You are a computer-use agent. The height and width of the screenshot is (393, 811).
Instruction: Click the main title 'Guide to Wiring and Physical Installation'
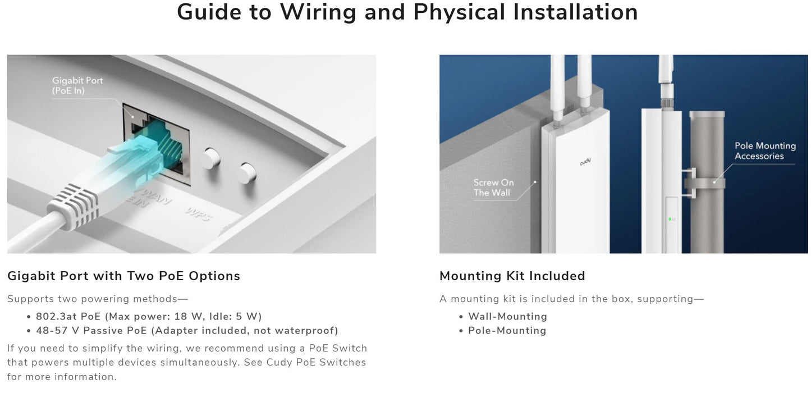[x=407, y=12]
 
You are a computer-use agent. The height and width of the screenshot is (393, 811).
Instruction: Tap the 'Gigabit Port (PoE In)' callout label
[x=77, y=85]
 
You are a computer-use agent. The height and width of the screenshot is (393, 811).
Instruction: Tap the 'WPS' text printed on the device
[x=199, y=213]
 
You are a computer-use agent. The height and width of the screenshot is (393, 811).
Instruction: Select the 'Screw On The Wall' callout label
[x=493, y=188]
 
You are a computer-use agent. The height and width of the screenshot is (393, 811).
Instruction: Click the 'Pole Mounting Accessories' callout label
[x=765, y=151]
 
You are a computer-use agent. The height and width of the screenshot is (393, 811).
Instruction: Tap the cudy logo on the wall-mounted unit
[x=585, y=162]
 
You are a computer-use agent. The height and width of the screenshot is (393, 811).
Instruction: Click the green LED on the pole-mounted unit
[x=670, y=219]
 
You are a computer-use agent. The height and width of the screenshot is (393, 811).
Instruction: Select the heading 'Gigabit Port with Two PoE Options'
[x=124, y=276]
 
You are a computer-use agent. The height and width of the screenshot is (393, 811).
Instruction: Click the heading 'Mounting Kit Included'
[x=512, y=276]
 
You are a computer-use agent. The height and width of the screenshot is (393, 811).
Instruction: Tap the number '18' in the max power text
[x=180, y=317]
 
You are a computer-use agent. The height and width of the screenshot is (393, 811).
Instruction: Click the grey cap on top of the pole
[x=707, y=114]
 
